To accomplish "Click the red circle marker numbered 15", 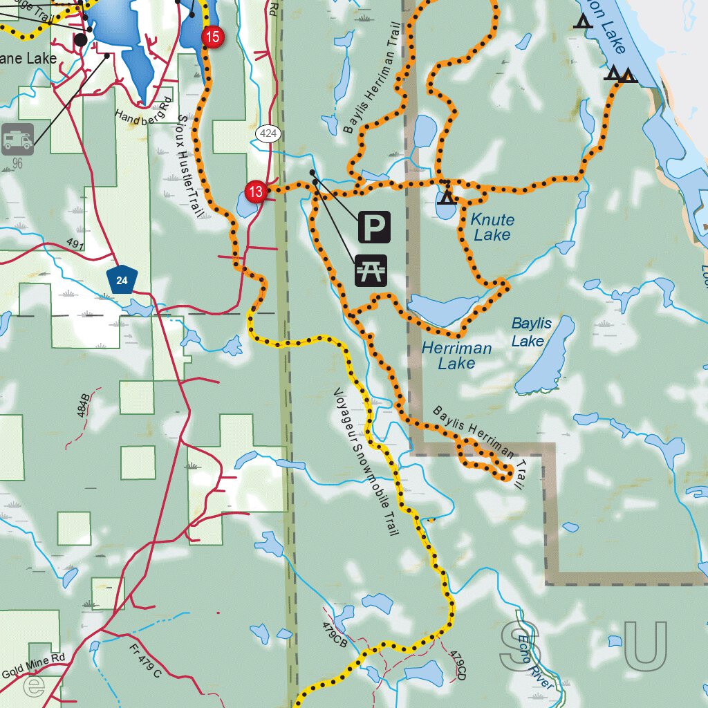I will [213, 37].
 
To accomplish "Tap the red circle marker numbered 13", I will [256, 192].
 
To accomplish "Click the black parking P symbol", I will [373, 227].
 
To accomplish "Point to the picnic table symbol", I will [371, 270].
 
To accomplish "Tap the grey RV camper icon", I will [17, 140].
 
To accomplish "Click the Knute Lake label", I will [492, 227].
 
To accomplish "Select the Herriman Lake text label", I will [456, 355].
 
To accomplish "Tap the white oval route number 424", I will [268, 133].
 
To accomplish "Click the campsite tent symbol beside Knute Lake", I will [447, 197].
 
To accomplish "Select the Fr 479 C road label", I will [145, 660].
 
